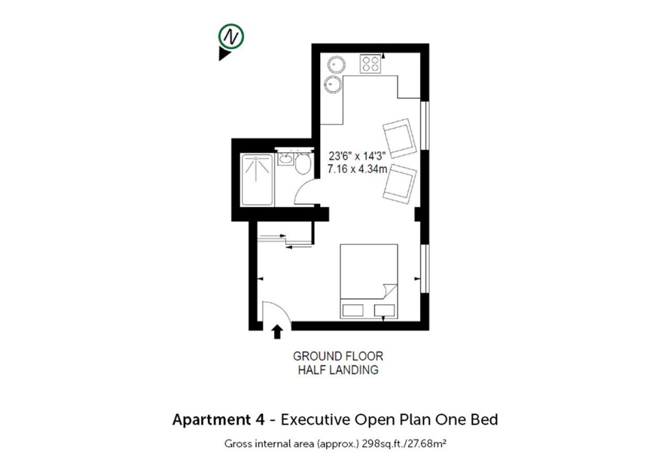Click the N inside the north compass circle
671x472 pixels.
coord(231,37)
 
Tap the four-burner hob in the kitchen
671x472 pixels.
coord(370,63)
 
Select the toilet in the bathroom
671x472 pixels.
coord(303,163)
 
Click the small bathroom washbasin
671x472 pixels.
coord(285,159)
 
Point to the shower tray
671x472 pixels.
coord(257,180)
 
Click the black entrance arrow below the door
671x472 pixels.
coord(277,332)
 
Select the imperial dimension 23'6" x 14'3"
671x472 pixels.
coord(357,156)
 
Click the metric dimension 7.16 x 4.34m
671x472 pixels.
coord(357,169)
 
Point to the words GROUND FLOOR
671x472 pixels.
coord(338,356)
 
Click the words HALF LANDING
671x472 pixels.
coord(338,370)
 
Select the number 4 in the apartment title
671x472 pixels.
coord(261,420)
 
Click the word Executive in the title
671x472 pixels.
coord(316,420)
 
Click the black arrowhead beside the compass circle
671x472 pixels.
coord(224,54)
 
